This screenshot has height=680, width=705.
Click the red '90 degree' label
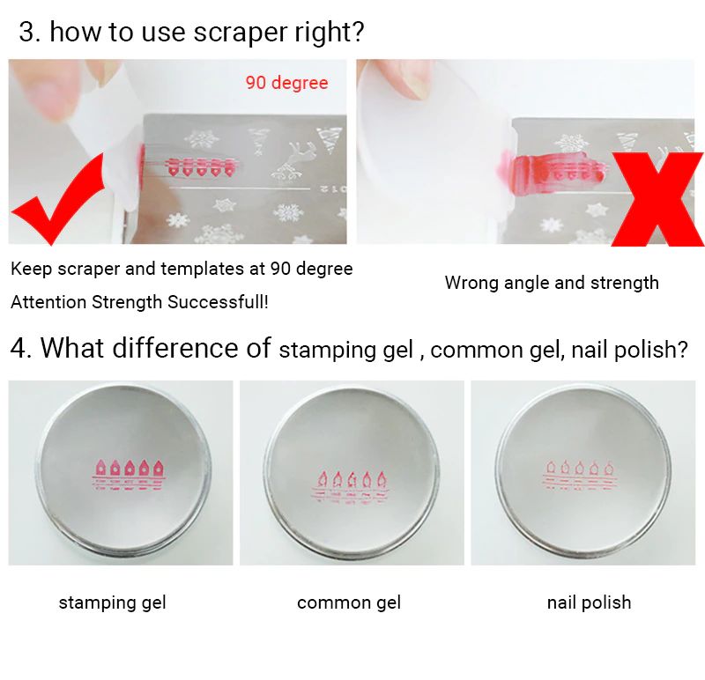point(287,83)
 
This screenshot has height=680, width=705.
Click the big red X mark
point(657,199)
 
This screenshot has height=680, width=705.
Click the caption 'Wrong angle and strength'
point(552,283)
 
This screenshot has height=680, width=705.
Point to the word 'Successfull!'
point(218,302)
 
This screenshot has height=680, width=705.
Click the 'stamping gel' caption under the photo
point(113,602)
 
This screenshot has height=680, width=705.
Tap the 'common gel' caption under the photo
point(349,602)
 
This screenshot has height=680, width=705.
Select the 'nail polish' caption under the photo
point(589,602)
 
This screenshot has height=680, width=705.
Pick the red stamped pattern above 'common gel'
point(351,487)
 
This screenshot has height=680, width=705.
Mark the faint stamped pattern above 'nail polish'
point(579,475)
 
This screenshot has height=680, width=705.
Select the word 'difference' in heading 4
point(191,348)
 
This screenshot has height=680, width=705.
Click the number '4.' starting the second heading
point(21,348)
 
